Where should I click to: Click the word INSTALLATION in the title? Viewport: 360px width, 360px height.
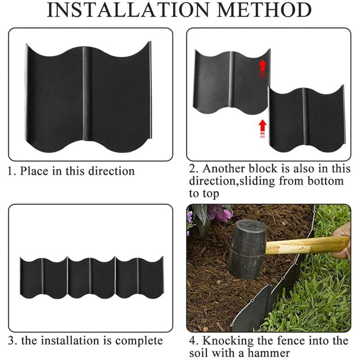[127, 10]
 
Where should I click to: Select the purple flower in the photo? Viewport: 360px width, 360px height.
[220, 212]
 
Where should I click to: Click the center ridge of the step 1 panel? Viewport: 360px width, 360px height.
[86, 94]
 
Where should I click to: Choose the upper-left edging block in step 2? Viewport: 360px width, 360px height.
[229, 81]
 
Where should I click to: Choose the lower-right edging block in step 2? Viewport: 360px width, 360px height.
[306, 119]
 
